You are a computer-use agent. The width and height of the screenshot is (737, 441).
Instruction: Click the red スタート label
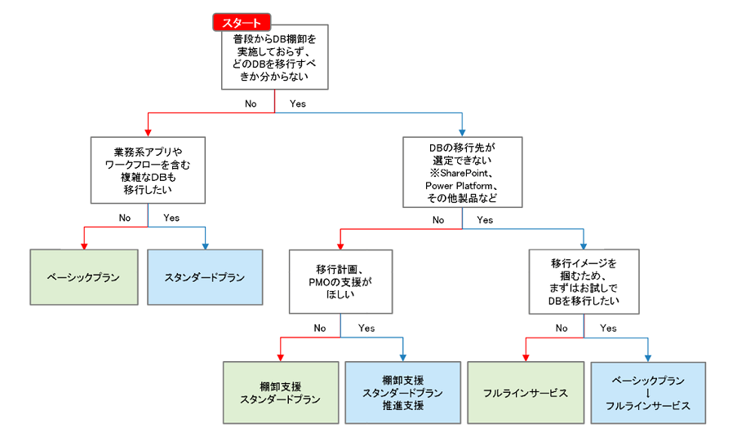point(242,23)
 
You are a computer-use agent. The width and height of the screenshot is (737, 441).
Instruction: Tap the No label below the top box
point(251,104)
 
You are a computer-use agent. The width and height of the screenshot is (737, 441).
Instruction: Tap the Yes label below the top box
point(297,104)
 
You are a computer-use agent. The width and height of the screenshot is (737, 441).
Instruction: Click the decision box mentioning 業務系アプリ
point(148,170)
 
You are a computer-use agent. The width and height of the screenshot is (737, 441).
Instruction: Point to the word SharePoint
point(467,174)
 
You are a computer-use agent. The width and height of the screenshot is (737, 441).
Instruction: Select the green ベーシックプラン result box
point(84,277)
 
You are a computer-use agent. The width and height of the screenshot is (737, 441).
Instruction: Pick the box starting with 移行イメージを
point(584,282)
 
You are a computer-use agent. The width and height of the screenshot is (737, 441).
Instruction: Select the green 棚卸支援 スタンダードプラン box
point(280,392)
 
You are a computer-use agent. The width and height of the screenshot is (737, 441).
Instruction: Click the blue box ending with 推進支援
point(402,392)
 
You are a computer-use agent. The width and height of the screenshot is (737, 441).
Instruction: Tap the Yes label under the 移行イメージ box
point(609,328)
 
